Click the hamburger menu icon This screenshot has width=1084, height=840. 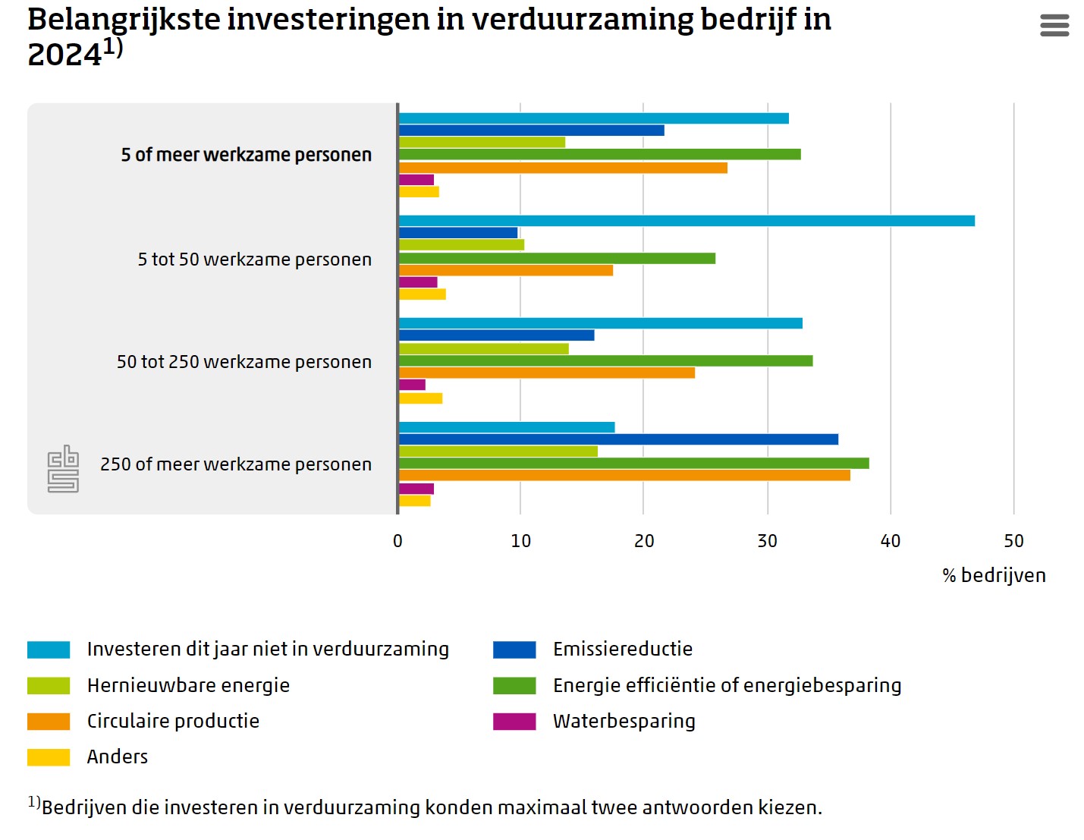[1054, 25]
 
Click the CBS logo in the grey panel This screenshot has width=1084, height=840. [63, 468]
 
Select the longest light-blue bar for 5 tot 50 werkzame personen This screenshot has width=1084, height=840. [687, 221]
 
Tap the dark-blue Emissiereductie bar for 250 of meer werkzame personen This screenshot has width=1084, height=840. [618, 439]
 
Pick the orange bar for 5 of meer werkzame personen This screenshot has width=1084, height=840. [563, 168]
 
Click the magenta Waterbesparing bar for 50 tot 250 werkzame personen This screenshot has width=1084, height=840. [412, 385]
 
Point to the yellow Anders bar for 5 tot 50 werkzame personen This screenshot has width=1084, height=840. [422, 294]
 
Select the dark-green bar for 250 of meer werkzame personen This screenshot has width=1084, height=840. [633, 463]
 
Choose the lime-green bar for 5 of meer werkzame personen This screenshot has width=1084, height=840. [482, 142]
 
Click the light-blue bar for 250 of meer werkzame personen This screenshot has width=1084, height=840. [507, 427]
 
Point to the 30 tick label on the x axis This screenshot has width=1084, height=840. [767, 541]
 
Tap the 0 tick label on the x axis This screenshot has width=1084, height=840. [397, 541]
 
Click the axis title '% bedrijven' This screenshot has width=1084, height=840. [994, 575]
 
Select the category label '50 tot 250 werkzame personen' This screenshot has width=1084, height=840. [244, 362]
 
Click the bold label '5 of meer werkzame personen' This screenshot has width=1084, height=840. [246, 155]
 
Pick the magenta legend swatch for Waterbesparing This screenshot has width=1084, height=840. [514, 721]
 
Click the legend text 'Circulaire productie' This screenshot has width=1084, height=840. [173, 721]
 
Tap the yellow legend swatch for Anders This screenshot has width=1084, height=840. [49, 757]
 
